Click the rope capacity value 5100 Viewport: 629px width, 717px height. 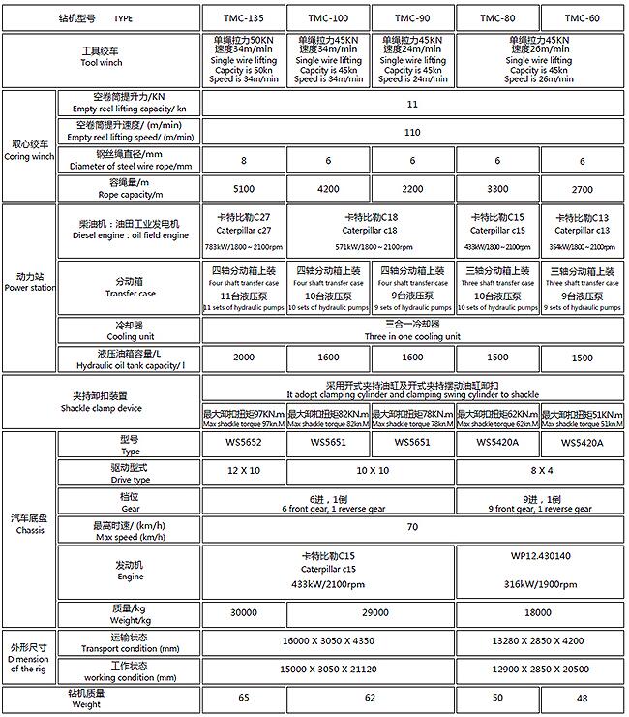click(x=243, y=190)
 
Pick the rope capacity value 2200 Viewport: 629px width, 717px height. click(x=413, y=190)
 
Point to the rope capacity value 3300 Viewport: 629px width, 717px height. click(x=497, y=190)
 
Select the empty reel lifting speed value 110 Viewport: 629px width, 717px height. click(x=413, y=132)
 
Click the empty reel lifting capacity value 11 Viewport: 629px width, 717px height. click(x=413, y=103)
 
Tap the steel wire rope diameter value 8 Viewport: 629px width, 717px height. click(x=243, y=161)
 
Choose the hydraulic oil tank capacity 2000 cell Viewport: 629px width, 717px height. click(x=243, y=358)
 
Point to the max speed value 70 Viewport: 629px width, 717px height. click(x=413, y=528)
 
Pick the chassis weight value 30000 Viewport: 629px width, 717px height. click(x=243, y=612)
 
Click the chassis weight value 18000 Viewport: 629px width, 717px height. click(x=539, y=612)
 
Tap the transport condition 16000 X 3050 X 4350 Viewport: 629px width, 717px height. click(x=327, y=641)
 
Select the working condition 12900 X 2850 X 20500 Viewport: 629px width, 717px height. click(x=539, y=670)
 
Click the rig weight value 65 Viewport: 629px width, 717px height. click(x=243, y=698)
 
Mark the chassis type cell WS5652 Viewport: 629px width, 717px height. click(x=243, y=444)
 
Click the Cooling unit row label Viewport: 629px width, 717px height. click(x=129, y=330)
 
